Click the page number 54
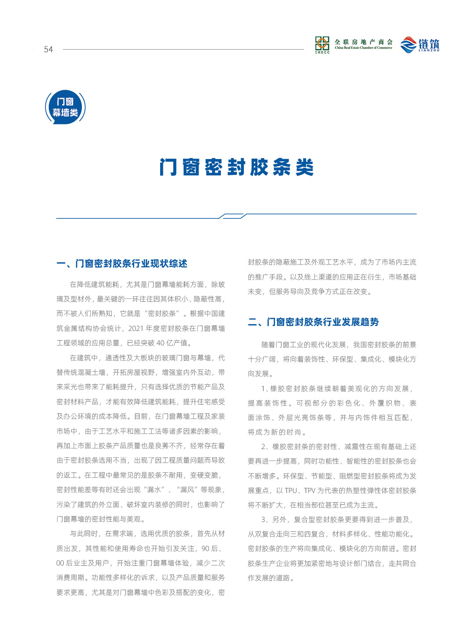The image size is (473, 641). click(x=48, y=50)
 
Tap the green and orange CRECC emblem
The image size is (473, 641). click(x=322, y=44)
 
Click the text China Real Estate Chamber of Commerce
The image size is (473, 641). click(x=363, y=48)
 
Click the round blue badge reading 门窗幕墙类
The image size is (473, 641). click(x=65, y=107)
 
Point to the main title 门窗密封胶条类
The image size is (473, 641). click(x=236, y=167)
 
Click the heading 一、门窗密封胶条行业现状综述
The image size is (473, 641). click(x=122, y=264)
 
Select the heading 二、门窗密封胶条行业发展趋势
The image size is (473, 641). click(x=313, y=322)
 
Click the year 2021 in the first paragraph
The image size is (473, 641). click(x=136, y=329)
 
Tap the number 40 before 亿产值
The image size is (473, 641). click(x=160, y=343)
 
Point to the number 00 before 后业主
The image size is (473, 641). click(x=60, y=563)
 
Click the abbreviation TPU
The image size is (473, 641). click(x=291, y=491)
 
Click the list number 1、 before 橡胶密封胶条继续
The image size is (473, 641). click(x=264, y=389)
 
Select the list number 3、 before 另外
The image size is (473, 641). click(x=264, y=520)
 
